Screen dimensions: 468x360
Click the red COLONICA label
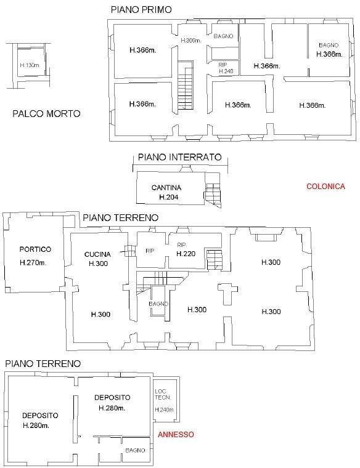click(x=325, y=187)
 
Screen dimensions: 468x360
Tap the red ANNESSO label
click(x=176, y=434)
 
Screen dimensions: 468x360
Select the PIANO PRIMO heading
click(x=141, y=10)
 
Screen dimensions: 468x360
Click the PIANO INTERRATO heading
click(x=179, y=158)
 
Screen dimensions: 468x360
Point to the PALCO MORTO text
click(x=46, y=114)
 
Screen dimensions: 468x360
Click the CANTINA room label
click(x=166, y=187)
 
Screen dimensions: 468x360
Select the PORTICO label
click(x=35, y=249)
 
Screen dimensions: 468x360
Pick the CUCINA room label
click(x=97, y=254)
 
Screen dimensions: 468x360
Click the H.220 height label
click(x=186, y=254)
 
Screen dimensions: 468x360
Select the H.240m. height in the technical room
click(x=164, y=410)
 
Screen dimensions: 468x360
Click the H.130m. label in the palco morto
click(x=30, y=65)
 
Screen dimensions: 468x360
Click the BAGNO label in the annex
click(x=135, y=450)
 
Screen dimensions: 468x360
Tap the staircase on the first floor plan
click(x=185, y=86)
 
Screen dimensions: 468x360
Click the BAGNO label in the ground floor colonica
click(x=158, y=304)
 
